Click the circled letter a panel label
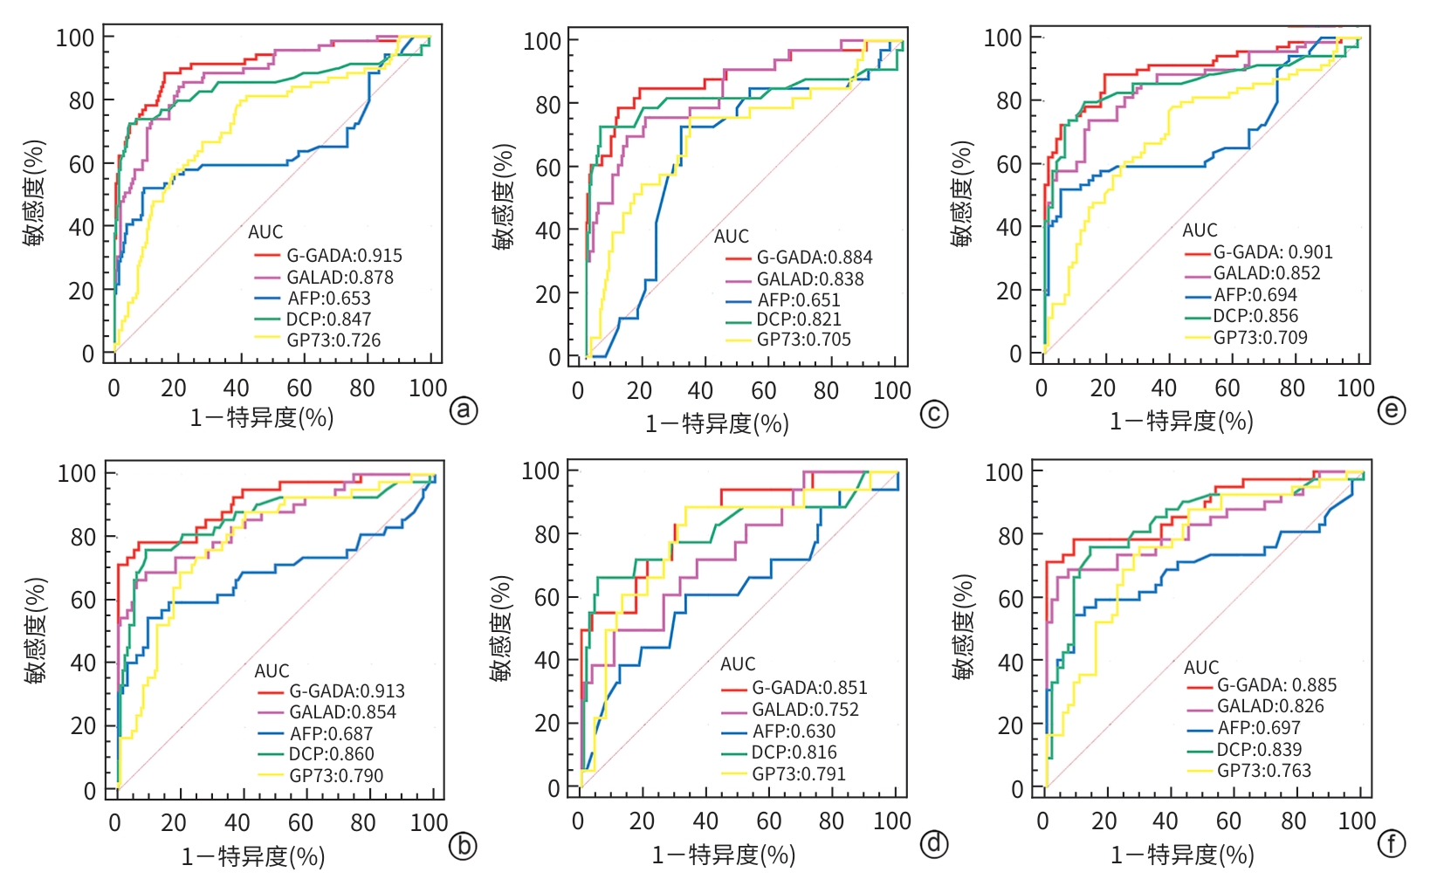(x=464, y=409)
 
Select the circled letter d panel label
(x=934, y=843)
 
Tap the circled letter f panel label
(x=1392, y=843)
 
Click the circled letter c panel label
(x=934, y=413)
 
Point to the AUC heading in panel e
(x=1200, y=230)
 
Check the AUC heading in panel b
(x=272, y=671)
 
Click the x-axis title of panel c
(x=717, y=423)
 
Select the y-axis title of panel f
(x=963, y=627)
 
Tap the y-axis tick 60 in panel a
(x=81, y=164)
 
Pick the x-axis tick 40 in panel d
(x=705, y=821)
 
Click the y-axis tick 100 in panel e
(x=1002, y=38)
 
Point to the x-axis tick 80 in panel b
(x=363, y=823)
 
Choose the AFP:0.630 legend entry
(x=794, y=731)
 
